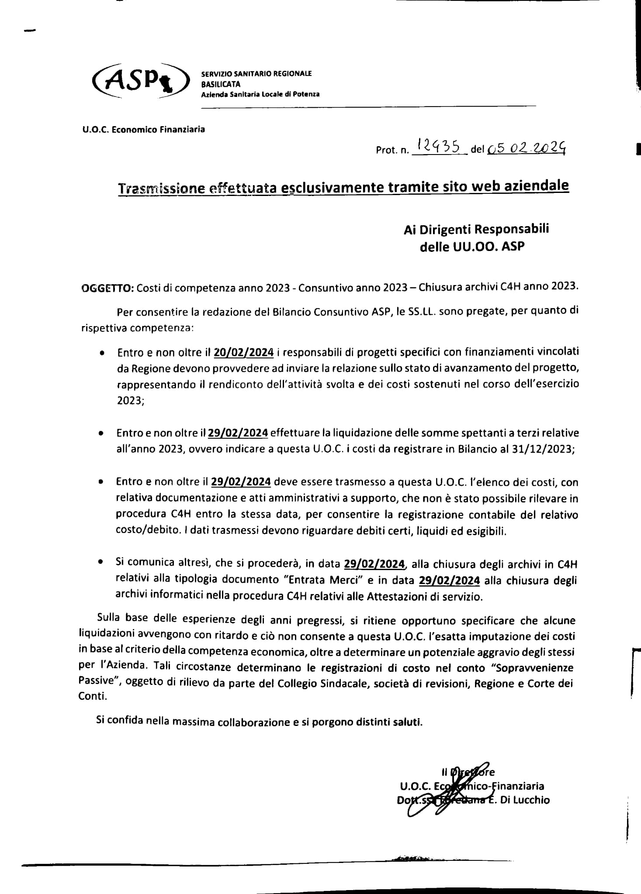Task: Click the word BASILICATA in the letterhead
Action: point(221,84)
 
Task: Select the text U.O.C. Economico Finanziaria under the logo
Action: point(143,129)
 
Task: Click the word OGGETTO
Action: point(107,287)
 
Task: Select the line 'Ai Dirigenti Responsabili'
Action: point(476,229)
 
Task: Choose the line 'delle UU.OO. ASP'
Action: point(472,247)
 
